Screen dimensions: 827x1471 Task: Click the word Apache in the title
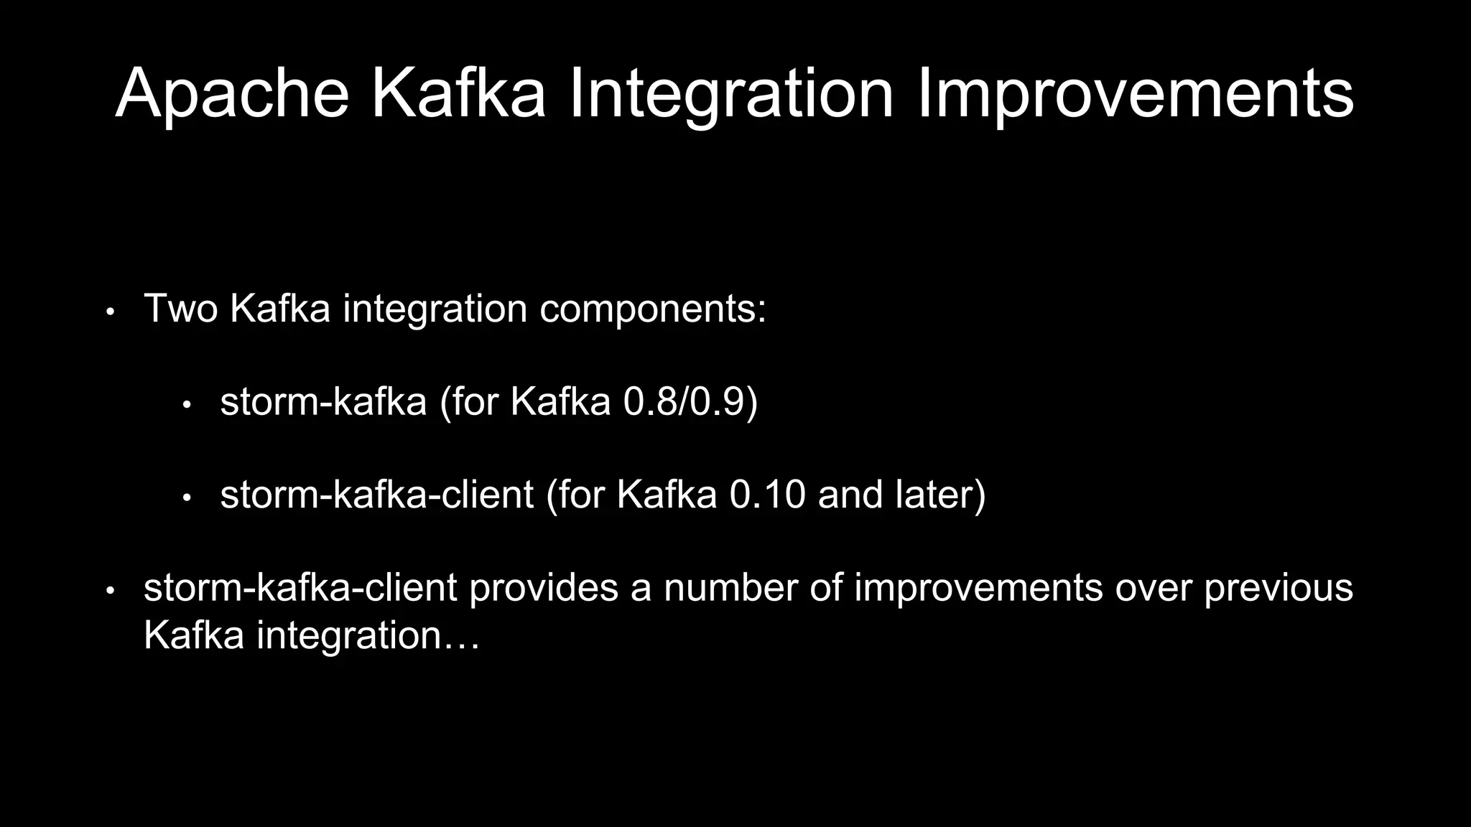pyautogui.click(x=231, y=93)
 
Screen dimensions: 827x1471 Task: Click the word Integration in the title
pyautogui.click(x=731, y=93)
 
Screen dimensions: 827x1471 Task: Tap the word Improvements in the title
pyautogui.click(x=1135, y=93)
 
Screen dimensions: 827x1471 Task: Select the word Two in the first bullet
pyautogui.click(x=180, y=308)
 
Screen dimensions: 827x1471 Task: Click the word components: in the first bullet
pyautogui.click(x=652, y=309)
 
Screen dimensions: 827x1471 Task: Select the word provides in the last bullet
pyautogui.click(x=544, y=588)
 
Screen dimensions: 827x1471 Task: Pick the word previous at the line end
pyautogui.click(x=1278, y=588)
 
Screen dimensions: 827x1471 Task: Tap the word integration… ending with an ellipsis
pyautogui.click(x=368, y=635)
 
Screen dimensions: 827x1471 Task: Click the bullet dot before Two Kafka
pyautogui.click(x=110, y=312)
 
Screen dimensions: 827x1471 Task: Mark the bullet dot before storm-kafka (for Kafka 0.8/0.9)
pyautogui.click(x=187, y=405)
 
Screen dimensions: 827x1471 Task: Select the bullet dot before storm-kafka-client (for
pyautogui.click(x=187, y=497)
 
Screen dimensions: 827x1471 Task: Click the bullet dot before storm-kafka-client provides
pyautogui.click(x=110, y=592)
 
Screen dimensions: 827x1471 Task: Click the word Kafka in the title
pyautogui.click(x=458, y=93)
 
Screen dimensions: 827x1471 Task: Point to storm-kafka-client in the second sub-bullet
pyautogui.click(x=376, y=495)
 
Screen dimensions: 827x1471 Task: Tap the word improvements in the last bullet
pyautogui.click(x=978, y=588)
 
